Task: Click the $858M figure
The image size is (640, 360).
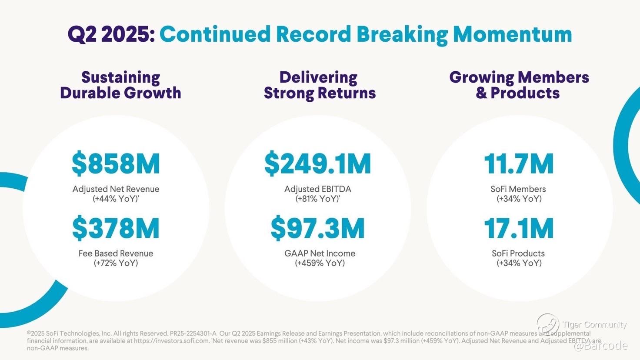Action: pos(116,164)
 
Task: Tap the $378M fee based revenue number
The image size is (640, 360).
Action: pos(116,228)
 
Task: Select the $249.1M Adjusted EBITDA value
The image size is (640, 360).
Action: pos(318,164)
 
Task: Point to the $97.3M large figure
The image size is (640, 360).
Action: pos(318,228)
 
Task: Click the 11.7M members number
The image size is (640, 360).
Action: pos(519,164)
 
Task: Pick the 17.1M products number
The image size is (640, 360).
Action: pos(519,228)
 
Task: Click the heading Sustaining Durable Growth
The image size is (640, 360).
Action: pos(120,85)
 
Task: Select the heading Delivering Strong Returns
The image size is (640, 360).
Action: pos(320,85)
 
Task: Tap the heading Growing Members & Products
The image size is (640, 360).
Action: pos(519,85)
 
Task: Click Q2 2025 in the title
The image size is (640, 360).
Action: pos(111,34)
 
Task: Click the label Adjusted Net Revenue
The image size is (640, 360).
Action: pos(116,189)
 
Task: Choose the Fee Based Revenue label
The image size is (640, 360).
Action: pos(116,253)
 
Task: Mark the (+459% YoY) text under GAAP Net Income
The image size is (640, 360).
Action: pos(320,263)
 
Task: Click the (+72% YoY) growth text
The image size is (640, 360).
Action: pos(116,263)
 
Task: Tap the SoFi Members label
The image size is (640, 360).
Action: pos(518,189)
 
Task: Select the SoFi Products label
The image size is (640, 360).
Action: pos(518,253)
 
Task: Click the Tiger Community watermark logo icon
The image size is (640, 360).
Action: pos(547,324)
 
